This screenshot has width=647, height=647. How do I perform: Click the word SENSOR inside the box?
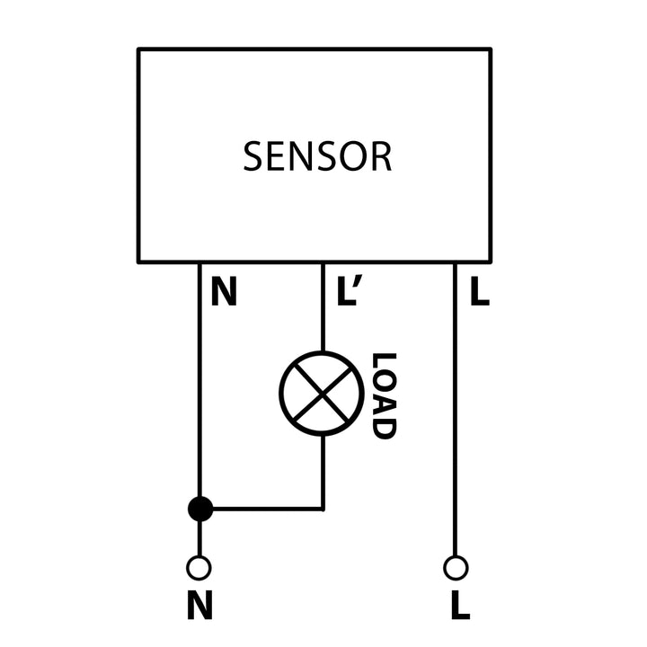pyautogui.click(x=317, y=157)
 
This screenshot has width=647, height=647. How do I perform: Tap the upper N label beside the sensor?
pyautogui.click(x=224, y=293)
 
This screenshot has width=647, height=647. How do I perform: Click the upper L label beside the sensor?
pyautogui.click(x=480, y=293)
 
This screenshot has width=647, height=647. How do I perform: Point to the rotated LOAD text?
pyautogui.click(x=384, y=395)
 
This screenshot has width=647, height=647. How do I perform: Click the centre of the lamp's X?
pyautogui.click(x=322, y=394)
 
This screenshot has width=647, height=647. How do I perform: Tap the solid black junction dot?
pyautogui.click(x=200, y=509)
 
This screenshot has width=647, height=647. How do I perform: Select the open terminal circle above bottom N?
pyautogui.click(x=199, y=568)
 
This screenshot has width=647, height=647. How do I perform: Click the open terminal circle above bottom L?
pyautogui.click(x=456, y=568)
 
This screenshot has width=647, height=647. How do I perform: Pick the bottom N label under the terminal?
pyautogui.click(x=199, y=607)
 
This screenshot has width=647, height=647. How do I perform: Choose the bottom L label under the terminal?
pyautogui.click(x=459, y=607)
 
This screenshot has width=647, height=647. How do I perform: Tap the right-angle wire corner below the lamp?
pyautogui.click(x=323, y=509)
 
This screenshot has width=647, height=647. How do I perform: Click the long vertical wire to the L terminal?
pyautogui.click(x=455, y=413)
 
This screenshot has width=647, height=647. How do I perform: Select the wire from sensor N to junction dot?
pyautogui.click(x=199, y=386)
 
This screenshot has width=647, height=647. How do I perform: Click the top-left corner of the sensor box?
pyautogui.click(x=139, y=50)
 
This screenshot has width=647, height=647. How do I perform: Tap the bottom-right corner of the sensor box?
pyautogui.click(x=490, y=261)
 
